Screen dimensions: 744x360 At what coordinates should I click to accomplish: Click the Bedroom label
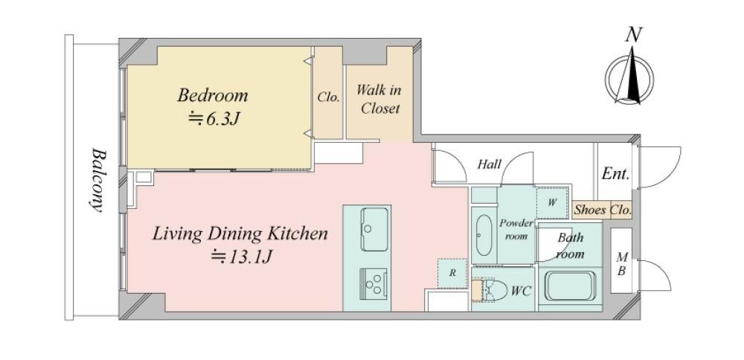point(213,95)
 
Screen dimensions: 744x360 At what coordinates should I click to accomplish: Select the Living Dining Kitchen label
point(240,234)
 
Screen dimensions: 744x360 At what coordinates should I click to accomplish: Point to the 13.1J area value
point(242,257)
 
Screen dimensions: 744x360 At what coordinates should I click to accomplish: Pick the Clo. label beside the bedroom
point(328,97)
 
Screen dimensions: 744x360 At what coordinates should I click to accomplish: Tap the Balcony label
point(97,180)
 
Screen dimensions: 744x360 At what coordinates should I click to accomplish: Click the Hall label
point(489,164)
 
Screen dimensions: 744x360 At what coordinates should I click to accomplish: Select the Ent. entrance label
point(615,173)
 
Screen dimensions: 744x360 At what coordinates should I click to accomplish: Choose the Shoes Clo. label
point(603,210)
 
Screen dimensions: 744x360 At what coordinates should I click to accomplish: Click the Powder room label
point(516,230)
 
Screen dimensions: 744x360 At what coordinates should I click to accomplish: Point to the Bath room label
point(570,245)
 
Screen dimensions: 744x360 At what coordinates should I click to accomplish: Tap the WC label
point(521,290)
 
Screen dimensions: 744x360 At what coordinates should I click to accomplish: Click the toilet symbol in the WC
point(490,289)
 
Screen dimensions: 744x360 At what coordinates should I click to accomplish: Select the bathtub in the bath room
point(570,286)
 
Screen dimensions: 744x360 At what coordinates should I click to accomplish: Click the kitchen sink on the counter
point(374,230)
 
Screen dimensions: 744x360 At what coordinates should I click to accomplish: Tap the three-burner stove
point(373,284)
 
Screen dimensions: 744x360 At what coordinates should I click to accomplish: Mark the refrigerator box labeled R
point(452,273)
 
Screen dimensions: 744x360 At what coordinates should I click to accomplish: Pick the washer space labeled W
point(552,202)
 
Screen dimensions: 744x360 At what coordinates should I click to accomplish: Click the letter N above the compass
point(633,36)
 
